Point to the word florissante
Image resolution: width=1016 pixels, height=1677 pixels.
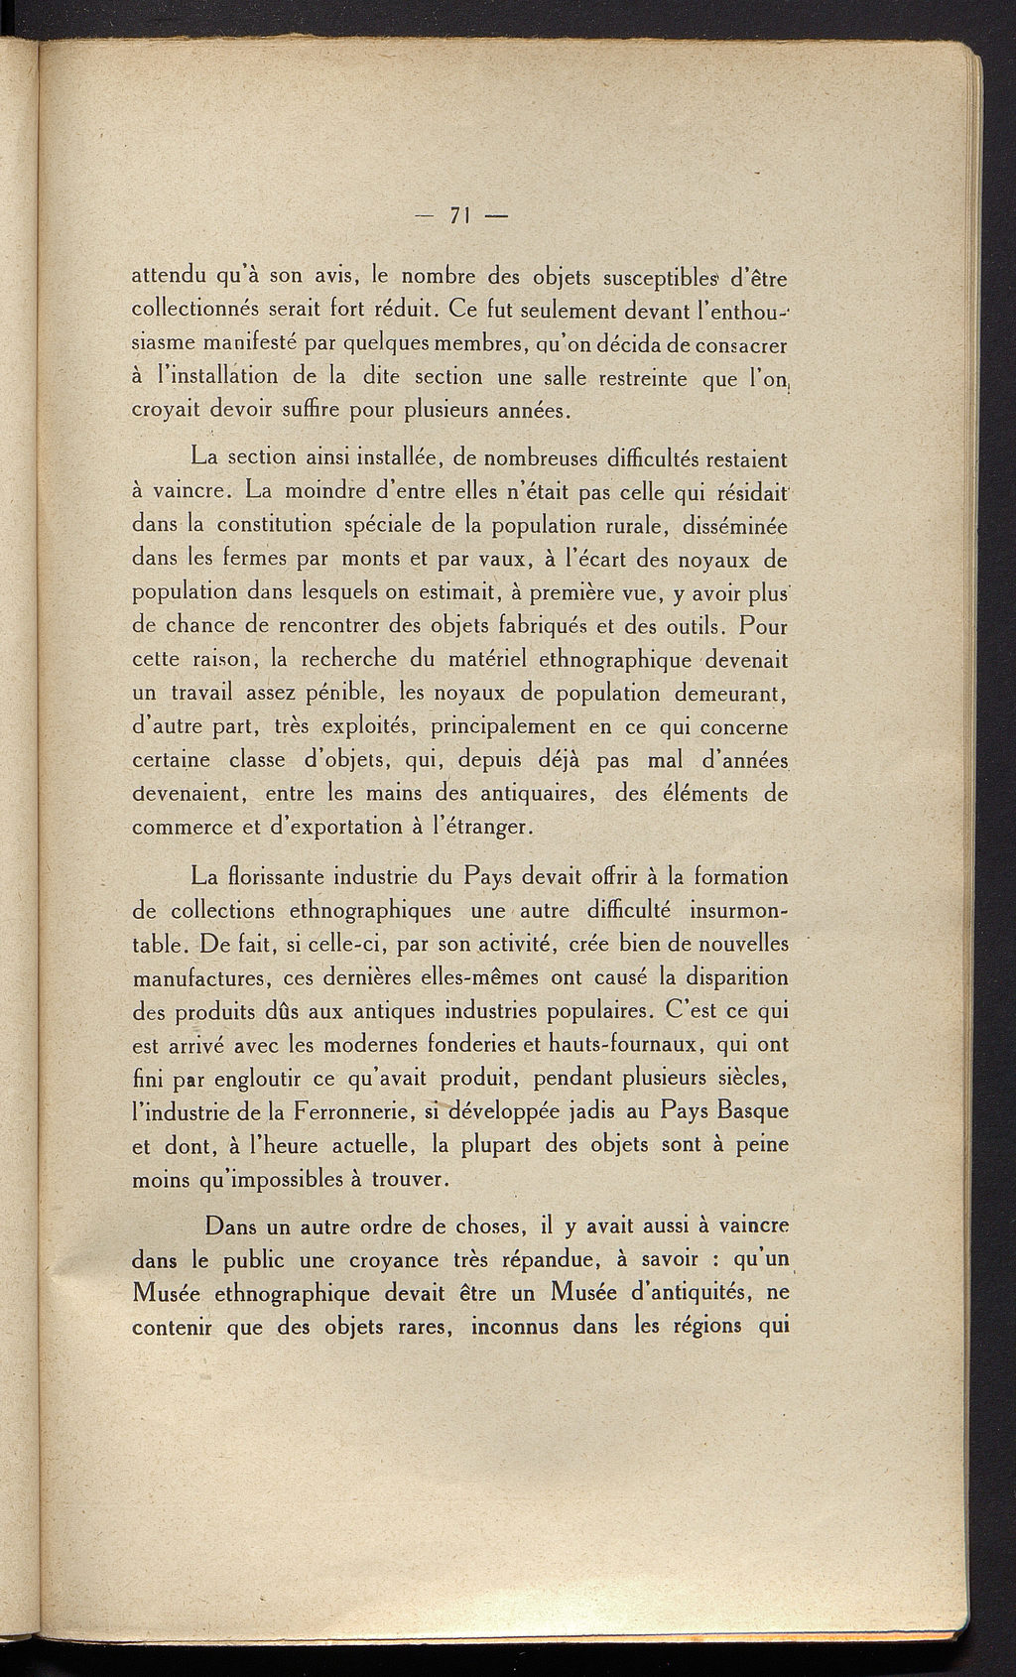(x=285, y=877)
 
